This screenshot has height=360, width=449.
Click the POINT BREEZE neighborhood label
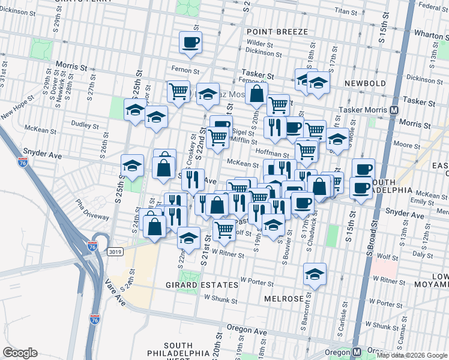pyautogui.click(x=277, y=31)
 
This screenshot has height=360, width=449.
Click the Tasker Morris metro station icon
pyautogui.click(x=394, y=110)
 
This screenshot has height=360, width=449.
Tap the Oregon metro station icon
pyautogui.click(x=357, y=352)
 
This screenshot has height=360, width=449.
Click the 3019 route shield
pyautogui.click(x=116, y=252)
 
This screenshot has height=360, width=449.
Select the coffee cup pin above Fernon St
pyautogui.click(x=190, y=43)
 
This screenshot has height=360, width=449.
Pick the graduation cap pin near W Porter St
pyautogui.click(x=315, y=274)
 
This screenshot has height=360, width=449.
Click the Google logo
pyautogui.click(x=20, y=352)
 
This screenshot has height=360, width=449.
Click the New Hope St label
pyautogui.click(x=14, y=112)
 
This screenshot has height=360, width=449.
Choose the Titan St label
pyautogui.click(x=346, y=11)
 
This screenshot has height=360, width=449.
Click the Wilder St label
pyautogui.click(x=260, y=43)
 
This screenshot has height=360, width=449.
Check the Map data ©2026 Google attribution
pyautogui.click(x=412, y=355)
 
